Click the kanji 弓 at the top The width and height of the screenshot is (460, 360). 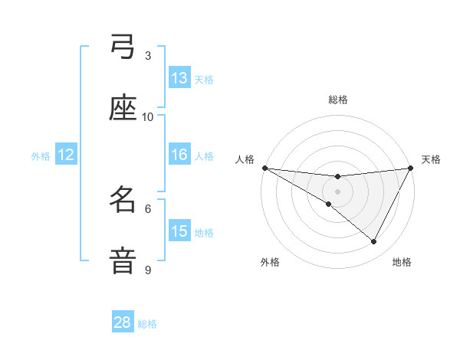tap(123, 47)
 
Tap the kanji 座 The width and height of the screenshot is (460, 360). tap(123, 109)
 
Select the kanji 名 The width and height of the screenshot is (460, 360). tap(123, 201)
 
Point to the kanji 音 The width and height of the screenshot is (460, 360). tap(123, 261)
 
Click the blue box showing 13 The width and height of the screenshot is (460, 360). tap(179, 78)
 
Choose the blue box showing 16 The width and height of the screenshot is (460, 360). tap(179, 155)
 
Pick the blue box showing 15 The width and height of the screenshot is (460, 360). tap(179, 231)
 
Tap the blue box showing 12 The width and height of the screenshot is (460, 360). tap(65, 155)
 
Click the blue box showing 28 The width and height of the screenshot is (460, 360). tap(123, 322)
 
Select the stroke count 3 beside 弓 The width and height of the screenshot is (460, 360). tap(148, 55)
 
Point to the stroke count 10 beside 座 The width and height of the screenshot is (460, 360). tap(148, 116)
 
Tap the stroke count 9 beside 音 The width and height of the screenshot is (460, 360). tap(148, 270)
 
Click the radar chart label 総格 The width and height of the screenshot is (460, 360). tap(338, 100)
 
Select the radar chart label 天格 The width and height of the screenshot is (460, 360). tap(431, 159)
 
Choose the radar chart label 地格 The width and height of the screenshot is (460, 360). tap(402, 262)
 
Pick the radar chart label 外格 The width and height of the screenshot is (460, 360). tap(270, 262)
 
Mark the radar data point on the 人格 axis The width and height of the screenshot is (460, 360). tap(264, 168)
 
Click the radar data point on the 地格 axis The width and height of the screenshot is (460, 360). tap(374, 242)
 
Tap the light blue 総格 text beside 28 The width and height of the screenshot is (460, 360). tap(147, 324)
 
